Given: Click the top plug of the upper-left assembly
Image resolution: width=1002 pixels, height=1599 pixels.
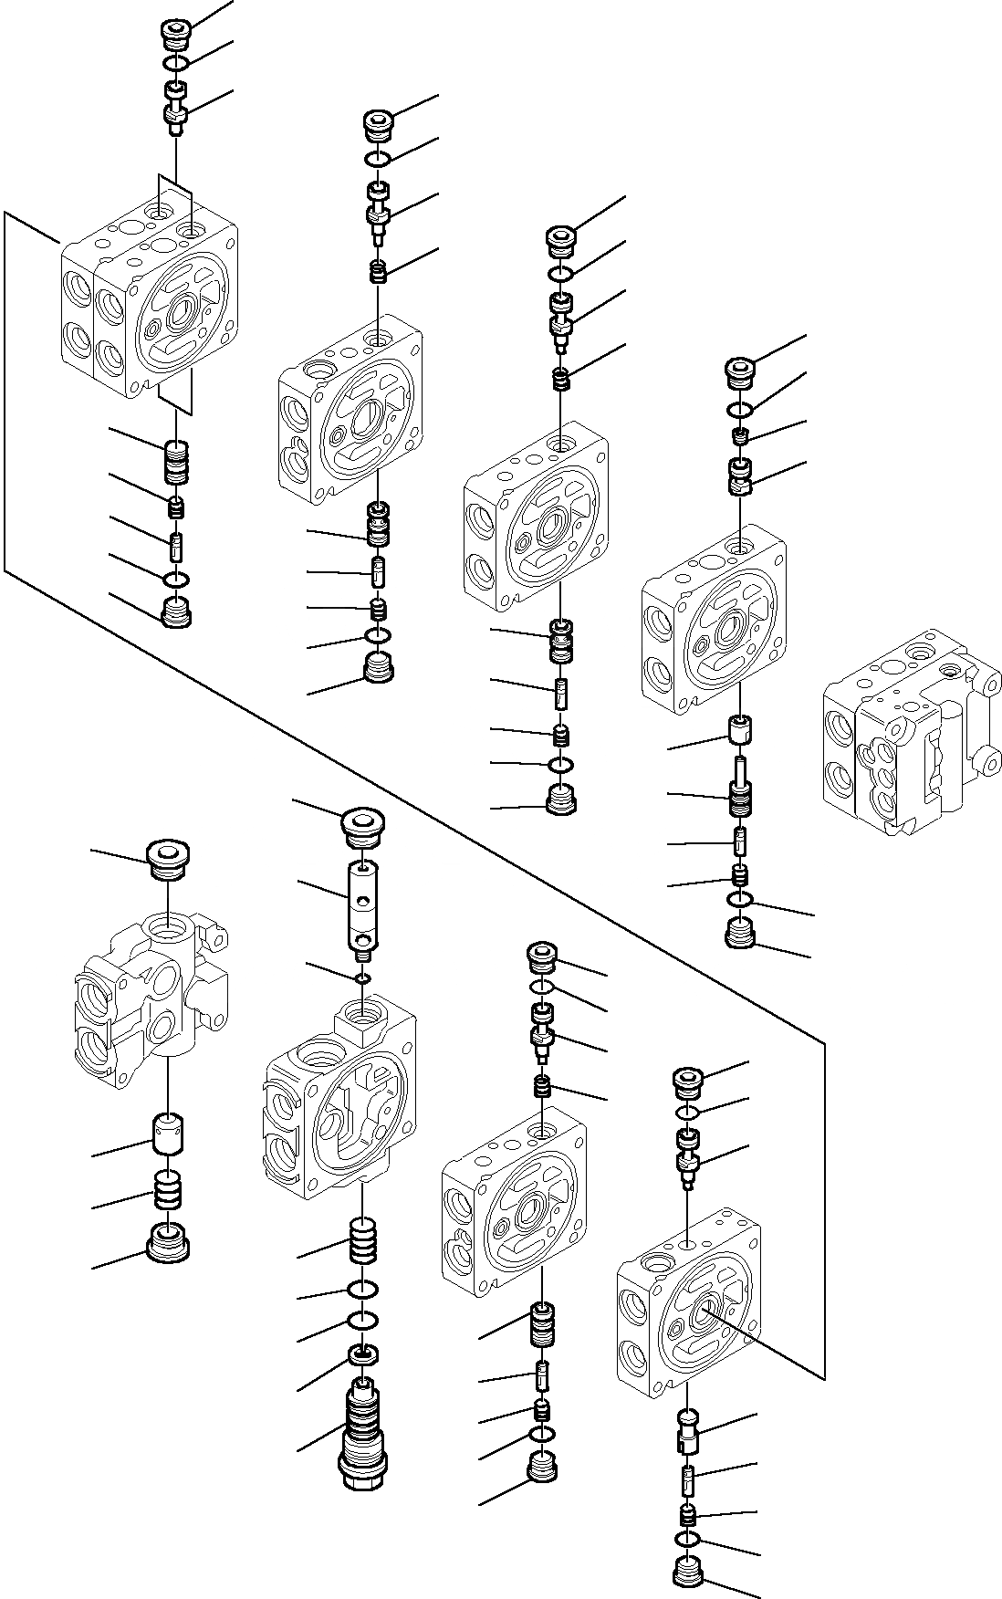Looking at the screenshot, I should click(x=174, y=33).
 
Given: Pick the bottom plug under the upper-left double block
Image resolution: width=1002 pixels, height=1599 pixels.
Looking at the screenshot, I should click(x=175, y=611).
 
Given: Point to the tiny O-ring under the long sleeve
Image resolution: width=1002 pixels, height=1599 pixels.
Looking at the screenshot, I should click(x=362, y=978).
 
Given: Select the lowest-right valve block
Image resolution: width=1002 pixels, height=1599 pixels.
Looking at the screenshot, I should click(x=687, y=1311).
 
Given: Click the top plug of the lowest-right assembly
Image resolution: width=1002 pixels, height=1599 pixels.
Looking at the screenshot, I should click(x=688, y=1083).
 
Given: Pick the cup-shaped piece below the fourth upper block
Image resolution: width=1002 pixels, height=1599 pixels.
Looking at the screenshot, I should click(x=740, y=728).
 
